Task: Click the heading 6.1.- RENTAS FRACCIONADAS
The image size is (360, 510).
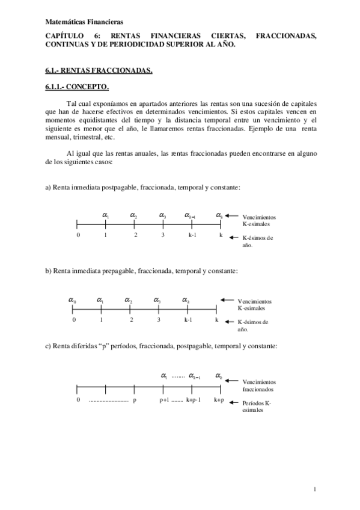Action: [x=99, y=70]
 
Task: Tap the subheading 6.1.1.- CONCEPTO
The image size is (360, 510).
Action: [x=77, y=87]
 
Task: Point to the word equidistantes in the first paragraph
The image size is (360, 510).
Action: [x=115, y=120]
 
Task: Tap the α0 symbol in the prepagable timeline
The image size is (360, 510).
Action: [x=72, y=300]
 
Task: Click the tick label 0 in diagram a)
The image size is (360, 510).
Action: [x=78, y=235]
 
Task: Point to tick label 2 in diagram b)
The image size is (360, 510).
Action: [x=130, y=320]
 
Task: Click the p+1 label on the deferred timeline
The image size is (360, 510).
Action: [x=164, y=399]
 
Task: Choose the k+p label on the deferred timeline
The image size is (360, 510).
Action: [x=219, y=399]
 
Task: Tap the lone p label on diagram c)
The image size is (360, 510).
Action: [x=135, y=399]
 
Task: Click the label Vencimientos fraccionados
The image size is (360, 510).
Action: [x=259, y=385]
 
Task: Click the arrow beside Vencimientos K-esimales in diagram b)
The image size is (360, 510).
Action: [x=227, y=300]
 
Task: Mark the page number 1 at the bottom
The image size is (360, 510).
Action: [x=315, y=489]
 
